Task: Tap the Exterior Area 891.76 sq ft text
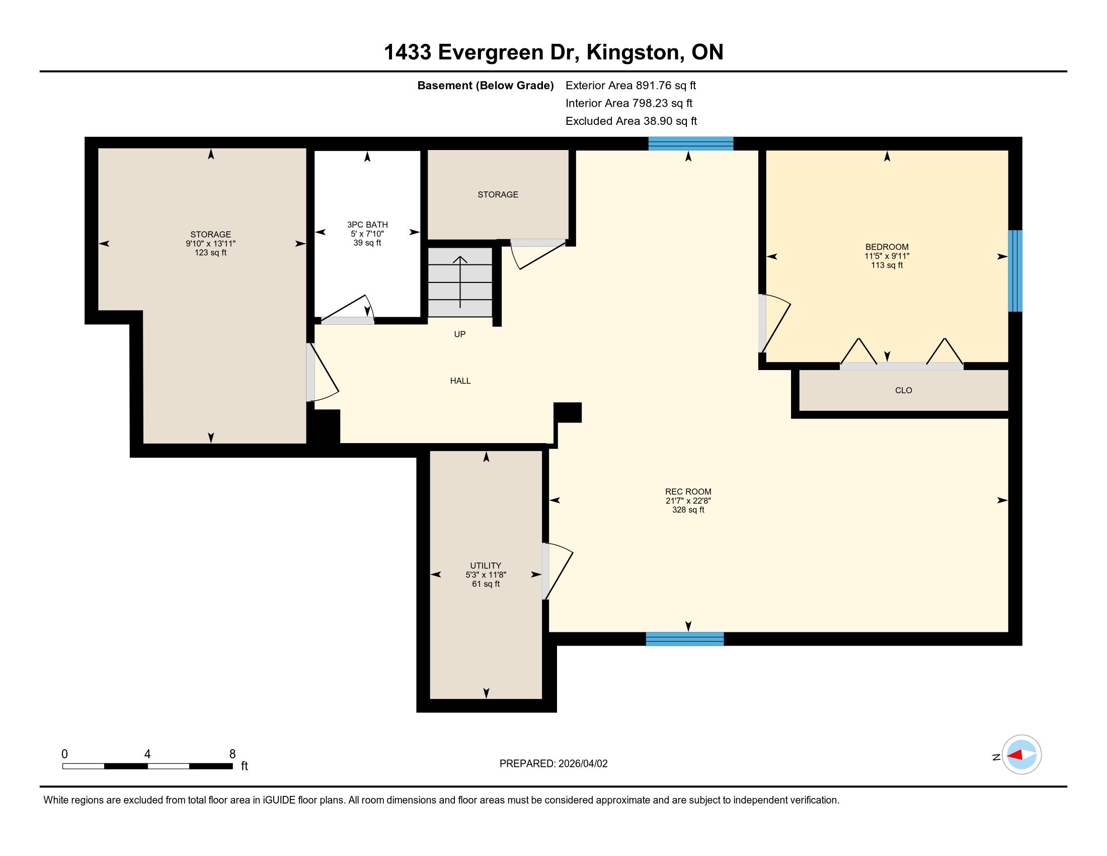point(630,86)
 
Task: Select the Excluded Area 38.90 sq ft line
point(631,121)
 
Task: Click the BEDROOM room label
point(887,247)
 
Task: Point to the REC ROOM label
point(688,491)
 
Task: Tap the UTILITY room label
point(486,565)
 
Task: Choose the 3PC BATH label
point(367,225)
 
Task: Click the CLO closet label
point(903,390)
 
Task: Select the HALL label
point(460,381)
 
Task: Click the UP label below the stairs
point(460,334)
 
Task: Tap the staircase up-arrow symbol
point(460,282)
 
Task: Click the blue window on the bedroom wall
point(1015,271)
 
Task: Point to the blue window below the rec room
point(685,639)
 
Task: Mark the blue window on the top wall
point(691,144)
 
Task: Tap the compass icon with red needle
point(1021,755)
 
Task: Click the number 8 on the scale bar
point(232,754)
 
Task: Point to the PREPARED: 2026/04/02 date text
point(553,764)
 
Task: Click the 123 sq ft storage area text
point(210,253)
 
